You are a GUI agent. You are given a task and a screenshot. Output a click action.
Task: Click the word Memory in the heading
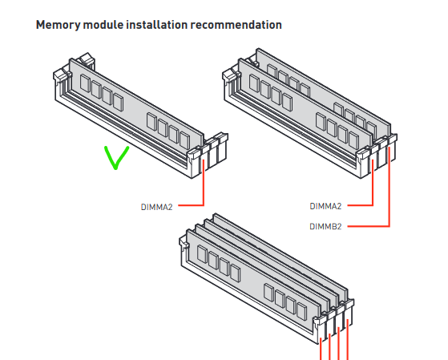coord(58,25)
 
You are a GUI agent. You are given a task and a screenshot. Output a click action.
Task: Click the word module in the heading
coord(103,25)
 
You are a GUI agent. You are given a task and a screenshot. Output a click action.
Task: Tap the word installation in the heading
coord(157,25)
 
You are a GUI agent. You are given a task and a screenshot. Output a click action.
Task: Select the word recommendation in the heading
coord(236,25)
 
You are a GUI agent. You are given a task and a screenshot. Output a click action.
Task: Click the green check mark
coord(116,158)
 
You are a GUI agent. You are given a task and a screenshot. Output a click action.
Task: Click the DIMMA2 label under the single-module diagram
coord(156,207)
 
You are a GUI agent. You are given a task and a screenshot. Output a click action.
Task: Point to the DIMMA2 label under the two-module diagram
coord(325,206)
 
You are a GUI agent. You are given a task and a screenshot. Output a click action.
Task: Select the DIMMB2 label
coord(325,226)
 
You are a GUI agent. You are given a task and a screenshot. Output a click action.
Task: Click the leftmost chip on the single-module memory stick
coord(85,83)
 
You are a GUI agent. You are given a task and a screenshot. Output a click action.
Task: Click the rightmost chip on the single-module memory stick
coord(184,140)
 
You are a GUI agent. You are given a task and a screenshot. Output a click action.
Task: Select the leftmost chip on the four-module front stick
coord(202,254)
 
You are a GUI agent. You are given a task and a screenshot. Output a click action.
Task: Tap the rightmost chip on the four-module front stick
coord(301,311)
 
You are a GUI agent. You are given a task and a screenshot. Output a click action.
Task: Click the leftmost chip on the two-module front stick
coord(254,83)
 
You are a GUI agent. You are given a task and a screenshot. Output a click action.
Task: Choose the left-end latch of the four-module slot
coord(184,243)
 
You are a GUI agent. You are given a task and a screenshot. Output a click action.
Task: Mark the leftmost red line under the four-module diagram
coord(321,349)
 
